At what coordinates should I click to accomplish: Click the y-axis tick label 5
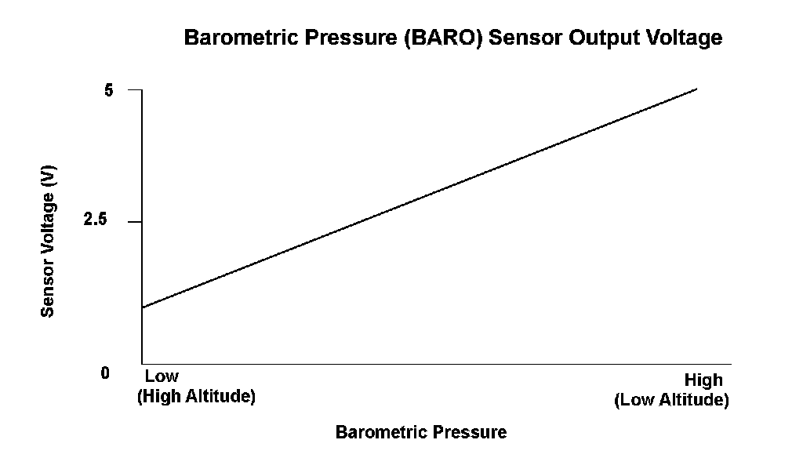coord(108,91)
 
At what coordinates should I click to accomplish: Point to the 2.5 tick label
coord(96,220)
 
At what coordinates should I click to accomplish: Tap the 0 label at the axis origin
coord(106,373)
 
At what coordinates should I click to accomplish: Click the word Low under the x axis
coord(162,376)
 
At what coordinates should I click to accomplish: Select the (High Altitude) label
coord(196,396)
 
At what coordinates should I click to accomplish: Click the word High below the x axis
coord(703,380)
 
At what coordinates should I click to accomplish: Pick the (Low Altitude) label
coord(671,400)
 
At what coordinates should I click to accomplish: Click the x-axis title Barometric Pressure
coord(421,432)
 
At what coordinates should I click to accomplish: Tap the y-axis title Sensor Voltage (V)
coord(48,241)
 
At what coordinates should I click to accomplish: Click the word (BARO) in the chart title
coord(444,38)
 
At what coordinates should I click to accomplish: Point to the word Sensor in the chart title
coord(525,38)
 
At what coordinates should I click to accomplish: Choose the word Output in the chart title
coord(604,38)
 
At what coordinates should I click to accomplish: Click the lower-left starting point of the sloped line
coord(143,307)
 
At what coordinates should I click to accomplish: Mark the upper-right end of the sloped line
coord(697,89)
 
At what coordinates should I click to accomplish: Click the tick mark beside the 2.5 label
coord(135,222)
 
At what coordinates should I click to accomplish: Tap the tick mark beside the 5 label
coord(135,89)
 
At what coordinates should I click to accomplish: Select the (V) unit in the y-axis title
coord(48,175)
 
